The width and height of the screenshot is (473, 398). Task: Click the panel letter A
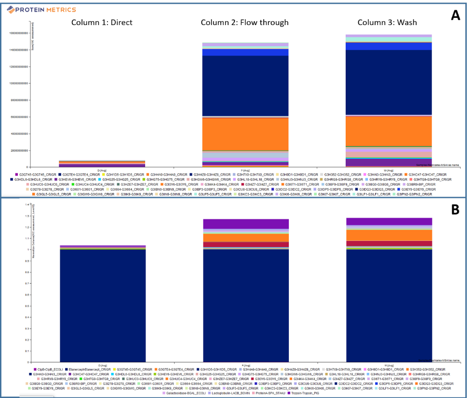pos(456,16)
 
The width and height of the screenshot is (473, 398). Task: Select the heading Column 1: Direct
pos(102,22)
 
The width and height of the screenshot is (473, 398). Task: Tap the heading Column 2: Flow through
pos(244,22)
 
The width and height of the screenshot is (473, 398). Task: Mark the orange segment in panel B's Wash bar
pos(388,234)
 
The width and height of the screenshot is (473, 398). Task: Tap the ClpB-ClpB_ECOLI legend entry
pos(47,369)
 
